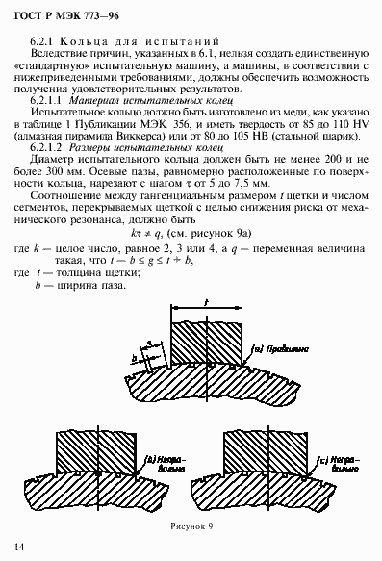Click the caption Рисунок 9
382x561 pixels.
(191, 525)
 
